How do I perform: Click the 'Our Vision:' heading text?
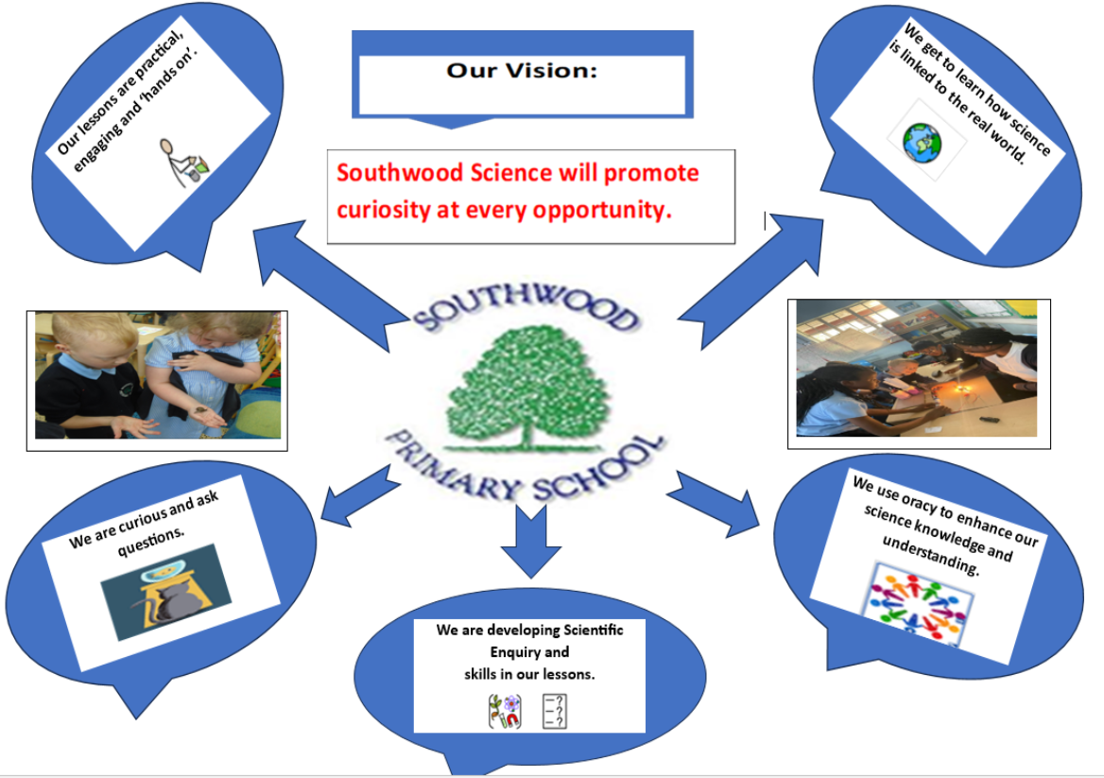pyautogui.click(x=522, y=70)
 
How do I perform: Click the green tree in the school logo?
pyautogui.click(x=526, y=388)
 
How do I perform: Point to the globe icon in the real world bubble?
pyautogui.click(x=923, y=143)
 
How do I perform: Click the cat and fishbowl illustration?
pyautogui.click(x=166, y=592)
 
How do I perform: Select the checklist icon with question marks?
pyautogui.click(x=555, y=711)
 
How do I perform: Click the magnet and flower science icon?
pyautogui.click(x=505, y=711)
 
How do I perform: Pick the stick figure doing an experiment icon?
pyautogui.click(x=182, y=162)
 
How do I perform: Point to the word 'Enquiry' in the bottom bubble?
pyautogui.click(x=529, y=652)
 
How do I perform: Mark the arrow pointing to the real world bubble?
pyautogui.click(x=750, y=282)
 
